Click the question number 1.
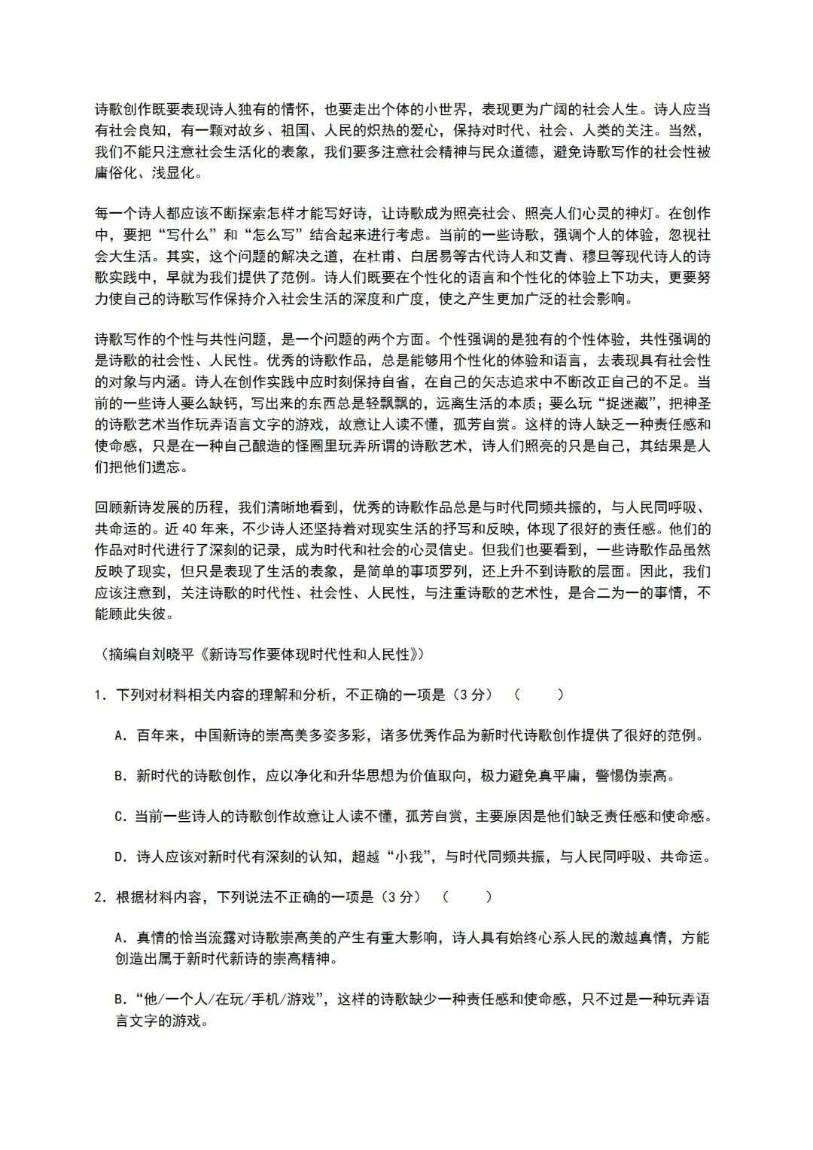[x=98, y=695]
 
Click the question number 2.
[x=98, y=896]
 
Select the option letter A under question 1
[x=119, y=735]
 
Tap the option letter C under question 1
[x=119, y=816]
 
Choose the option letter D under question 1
[x=119, y=856]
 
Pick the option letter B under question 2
[x=119, y=999]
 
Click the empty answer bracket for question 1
[x=539, y=695]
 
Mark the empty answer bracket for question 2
[x=467, y=896]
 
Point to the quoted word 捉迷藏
[x=621, y=403]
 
